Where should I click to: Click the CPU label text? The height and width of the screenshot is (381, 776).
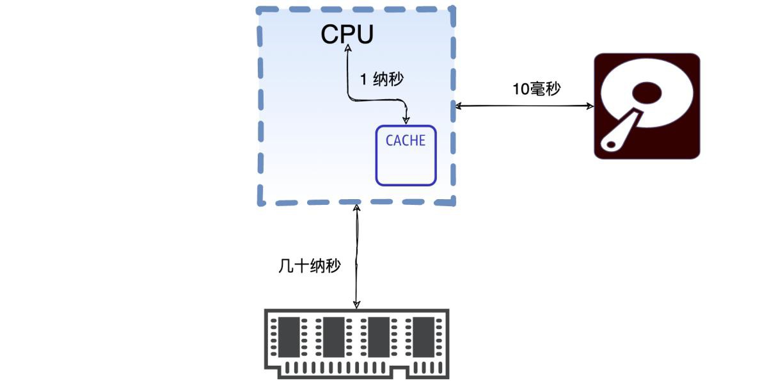coord(347,34)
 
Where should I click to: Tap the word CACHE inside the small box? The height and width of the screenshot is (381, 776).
coord(406,140)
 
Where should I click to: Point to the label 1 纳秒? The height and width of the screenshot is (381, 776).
coord(382,79)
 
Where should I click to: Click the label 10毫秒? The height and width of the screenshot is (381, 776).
coord(536,89)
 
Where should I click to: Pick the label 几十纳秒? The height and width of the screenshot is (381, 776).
coord(310,266)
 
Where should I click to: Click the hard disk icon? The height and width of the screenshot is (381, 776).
coord(647,106)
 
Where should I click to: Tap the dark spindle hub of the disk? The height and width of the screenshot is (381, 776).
coord(647,93)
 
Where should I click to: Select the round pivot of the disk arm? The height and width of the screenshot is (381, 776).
coord(611,144)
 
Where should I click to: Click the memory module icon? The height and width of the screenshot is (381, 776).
coord(356,344)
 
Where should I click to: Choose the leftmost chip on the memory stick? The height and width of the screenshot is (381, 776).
coord(289,337)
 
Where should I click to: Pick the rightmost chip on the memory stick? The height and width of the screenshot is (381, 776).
coord(424,337)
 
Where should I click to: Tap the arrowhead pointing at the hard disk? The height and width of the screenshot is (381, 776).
coord(590,106)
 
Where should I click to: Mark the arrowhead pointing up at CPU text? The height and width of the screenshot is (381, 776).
coord(348,48)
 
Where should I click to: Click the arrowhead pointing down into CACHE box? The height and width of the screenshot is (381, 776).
coord(406,120)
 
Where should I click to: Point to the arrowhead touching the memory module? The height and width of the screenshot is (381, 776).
coord(356,305)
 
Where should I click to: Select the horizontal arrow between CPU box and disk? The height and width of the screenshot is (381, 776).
coord(525,106)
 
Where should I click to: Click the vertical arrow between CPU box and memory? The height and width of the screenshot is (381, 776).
coord(356,257)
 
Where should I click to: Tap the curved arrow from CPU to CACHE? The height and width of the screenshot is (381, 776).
coord(367,100)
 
